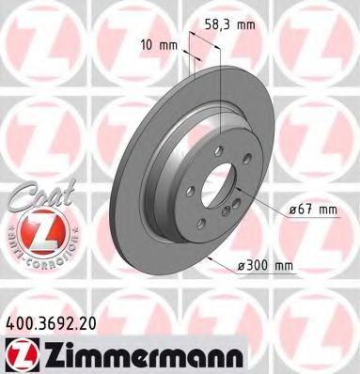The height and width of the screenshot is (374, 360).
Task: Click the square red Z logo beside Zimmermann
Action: tap(20, 351)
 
